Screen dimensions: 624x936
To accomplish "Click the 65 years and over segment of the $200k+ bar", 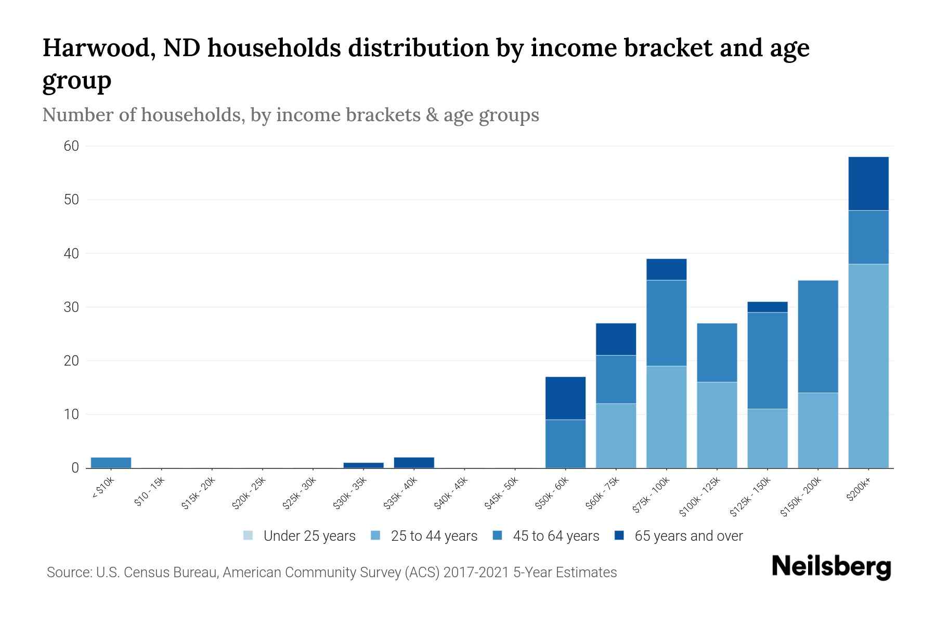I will point(868,184).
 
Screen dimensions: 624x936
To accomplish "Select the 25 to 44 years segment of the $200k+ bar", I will point(868,366).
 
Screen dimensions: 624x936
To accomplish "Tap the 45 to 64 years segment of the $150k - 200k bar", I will point(817,336).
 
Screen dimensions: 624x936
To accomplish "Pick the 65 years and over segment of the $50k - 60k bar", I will point(565,398).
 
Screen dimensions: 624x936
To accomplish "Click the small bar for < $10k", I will point(111,462).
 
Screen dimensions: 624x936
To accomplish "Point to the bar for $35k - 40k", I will point(414,462).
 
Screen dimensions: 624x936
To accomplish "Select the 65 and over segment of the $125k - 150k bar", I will point(767,307).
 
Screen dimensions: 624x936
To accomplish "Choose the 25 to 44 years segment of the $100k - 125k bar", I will point(717,425).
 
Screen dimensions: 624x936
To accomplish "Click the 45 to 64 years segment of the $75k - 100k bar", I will point(666,323).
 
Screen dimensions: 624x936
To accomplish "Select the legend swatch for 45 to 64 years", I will point(498,536).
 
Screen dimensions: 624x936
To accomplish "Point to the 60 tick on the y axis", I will point(71,146).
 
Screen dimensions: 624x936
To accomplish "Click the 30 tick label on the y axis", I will point(71,307).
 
